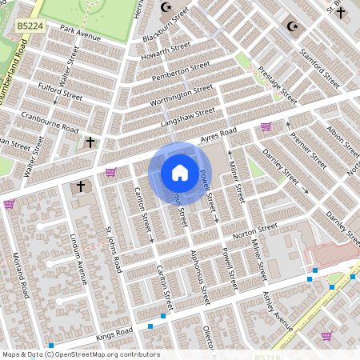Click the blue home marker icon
click(x=179, y=172)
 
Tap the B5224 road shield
click(x=30, y=26)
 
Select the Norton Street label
click(x=255, y=230)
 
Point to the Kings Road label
click(x=113, y=331)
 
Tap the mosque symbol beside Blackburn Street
click(x=166, y=7)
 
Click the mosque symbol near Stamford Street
click(x=292, y=26)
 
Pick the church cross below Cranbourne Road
click(x=90, y=142)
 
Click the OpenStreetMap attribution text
click(x=81, y=354)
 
